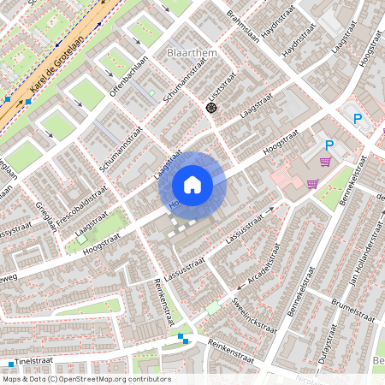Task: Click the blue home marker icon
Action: [x=192, y=184]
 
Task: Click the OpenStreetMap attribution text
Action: [x=85, y=379]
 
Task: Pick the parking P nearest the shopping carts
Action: [x=329, y=145]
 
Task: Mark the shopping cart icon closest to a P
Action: [x=324, y=161]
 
